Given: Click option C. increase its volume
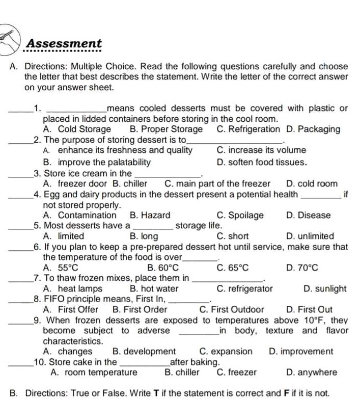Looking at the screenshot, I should click(x=268, y=150).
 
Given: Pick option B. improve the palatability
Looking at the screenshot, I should click(x=97, y=163).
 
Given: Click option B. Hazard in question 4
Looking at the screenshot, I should click(x=150, y=216).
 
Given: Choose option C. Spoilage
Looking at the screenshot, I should click(x=240, y=216).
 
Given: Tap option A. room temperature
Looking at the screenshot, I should click(x=94, y=373).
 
